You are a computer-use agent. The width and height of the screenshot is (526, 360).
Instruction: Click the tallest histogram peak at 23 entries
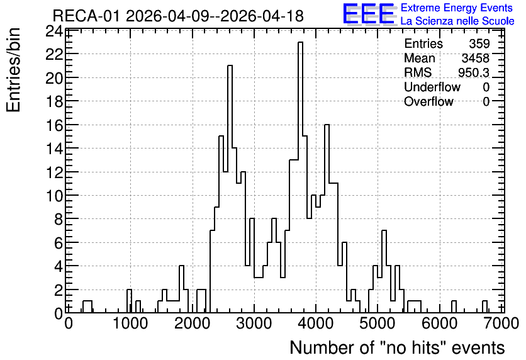[300, 43]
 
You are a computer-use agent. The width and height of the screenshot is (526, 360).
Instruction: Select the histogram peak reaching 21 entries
[230, 66]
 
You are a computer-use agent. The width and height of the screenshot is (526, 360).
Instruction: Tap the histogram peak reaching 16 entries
[327, 125]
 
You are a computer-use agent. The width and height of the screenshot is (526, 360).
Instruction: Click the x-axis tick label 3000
[254, 323]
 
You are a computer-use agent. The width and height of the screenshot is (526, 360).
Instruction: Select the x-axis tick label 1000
[130, 323]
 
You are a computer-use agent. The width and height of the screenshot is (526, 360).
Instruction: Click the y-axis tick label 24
[54, 32]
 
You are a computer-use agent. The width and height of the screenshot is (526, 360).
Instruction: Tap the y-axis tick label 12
[54, 172]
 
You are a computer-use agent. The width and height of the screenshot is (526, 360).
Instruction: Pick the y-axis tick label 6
[59, 243]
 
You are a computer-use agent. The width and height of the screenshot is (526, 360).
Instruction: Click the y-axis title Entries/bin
[13, 70]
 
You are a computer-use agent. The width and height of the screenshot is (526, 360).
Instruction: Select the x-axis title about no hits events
[397, 347]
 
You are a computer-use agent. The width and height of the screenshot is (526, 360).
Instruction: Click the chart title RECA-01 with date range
[178, 16]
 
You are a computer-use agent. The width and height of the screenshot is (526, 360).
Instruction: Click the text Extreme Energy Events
[457, 8]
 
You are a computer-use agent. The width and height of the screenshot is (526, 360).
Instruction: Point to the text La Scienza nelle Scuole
[457, 21]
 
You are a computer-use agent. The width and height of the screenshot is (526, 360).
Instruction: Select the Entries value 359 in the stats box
[479, 43]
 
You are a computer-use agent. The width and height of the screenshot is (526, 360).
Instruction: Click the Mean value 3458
[475, 59]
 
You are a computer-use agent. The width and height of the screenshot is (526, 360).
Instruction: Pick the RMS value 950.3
[474, 72]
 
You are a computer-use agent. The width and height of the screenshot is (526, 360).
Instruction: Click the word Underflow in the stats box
[432, 87]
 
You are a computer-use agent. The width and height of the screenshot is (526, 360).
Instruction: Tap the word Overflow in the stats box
[428, 101]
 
